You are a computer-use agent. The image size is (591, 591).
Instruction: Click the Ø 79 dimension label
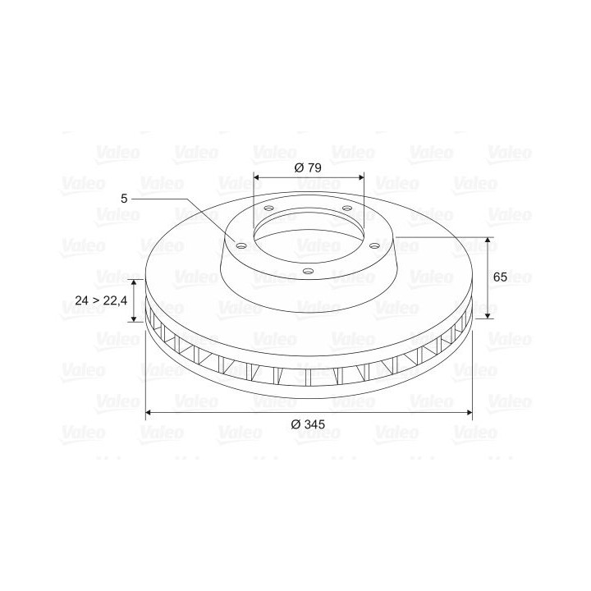tap(308, 167)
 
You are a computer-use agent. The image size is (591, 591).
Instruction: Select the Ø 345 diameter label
tap(308, 424)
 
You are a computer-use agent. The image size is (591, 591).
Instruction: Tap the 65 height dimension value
tap(500, 277)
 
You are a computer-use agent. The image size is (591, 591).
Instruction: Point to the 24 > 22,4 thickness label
tap(101, 300)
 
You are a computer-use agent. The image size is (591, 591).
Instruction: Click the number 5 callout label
tap(124, 199)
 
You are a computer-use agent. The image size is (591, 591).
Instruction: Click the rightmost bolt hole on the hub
tap(374, 245)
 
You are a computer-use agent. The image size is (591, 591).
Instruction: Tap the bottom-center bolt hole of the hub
tap(309, 271)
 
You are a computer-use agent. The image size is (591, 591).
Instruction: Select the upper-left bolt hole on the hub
tap(268, 208)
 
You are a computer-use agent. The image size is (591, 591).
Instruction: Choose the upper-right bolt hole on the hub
tap(346, 208)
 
